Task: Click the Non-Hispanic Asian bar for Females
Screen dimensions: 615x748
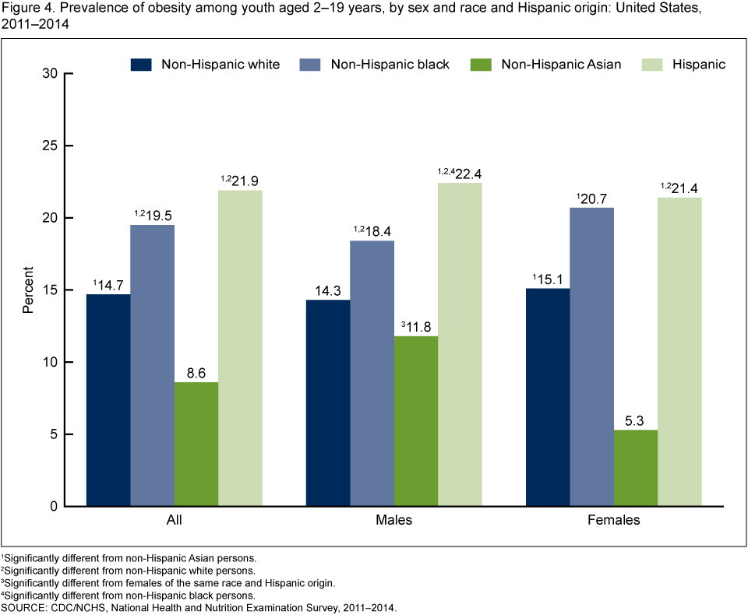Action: pos(636,468)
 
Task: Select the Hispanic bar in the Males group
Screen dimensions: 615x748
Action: pos(460,344)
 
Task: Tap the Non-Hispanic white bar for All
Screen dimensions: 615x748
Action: pos(108,400)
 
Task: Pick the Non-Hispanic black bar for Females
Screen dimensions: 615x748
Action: pos(591,357)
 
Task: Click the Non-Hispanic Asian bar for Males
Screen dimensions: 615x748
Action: pos(416,421)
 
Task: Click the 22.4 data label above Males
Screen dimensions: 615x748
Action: pos(466,173)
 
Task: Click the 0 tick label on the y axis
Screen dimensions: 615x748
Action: pos(55,507)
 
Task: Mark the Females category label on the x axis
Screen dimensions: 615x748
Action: pos(614,520)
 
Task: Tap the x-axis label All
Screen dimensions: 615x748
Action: pos(175,520)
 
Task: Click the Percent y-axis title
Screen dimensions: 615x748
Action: pos(28,290)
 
